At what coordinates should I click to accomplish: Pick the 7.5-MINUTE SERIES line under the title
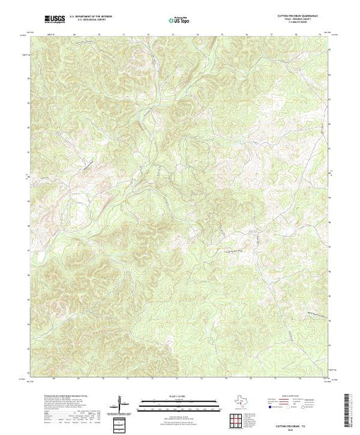pyautogui.click(x=301, y=26)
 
